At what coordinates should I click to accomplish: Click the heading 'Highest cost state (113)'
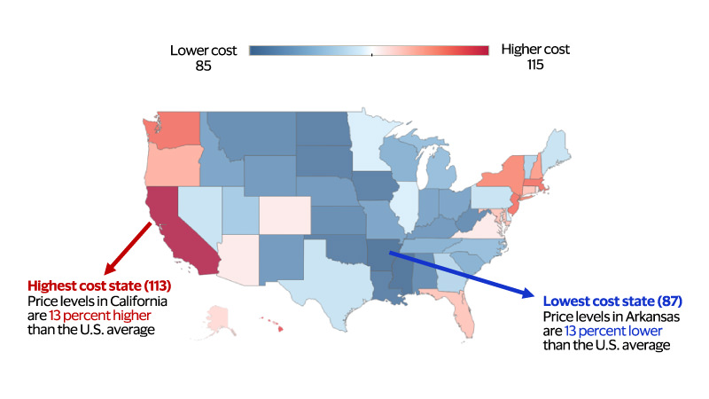coord(99,286)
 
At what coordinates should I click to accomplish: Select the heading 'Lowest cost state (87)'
coord(612,301)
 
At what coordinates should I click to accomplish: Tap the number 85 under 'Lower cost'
coord(203,65)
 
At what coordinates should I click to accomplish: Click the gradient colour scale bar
coord(369,51)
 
